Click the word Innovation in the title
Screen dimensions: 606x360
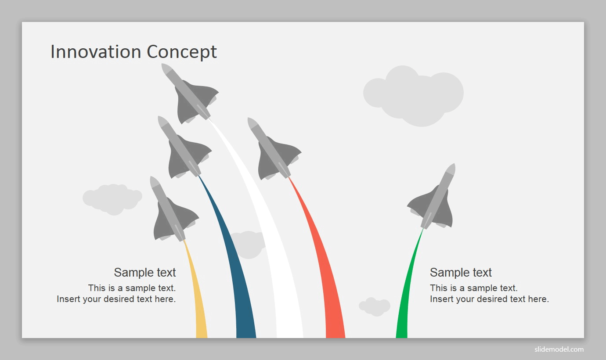[96, 51]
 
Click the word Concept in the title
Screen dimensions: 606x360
[182, 52]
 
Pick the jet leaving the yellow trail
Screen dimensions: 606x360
[174, 209]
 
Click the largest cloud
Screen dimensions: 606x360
[413, 95]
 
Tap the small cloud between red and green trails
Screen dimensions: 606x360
[375, 306]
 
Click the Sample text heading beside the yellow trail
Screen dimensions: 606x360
[145, 272]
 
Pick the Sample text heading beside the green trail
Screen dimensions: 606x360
[461, 272]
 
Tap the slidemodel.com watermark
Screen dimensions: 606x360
[559, 349]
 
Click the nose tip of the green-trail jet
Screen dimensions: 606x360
[454, 164]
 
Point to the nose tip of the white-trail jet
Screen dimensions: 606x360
[162, 64]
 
